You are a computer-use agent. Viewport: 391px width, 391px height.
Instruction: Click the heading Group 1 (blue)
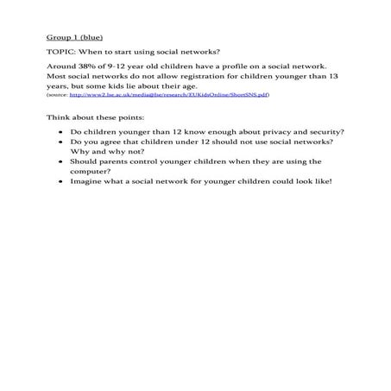(73, 38)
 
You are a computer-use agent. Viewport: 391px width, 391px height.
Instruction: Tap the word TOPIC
(60, 52)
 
